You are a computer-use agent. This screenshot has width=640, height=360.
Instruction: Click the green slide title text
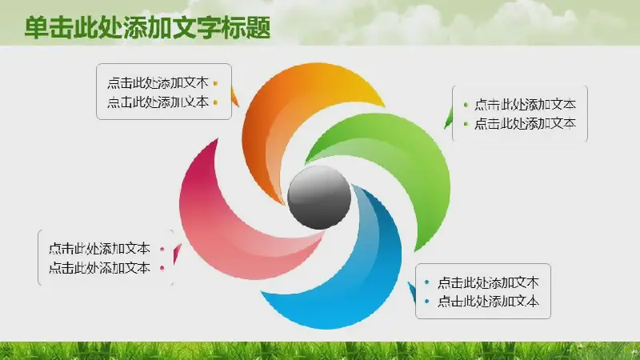tap(147, 28)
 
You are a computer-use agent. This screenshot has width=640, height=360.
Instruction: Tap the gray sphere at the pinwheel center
tap(319, 197)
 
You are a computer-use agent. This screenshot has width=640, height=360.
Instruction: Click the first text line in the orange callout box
tap(158, 83)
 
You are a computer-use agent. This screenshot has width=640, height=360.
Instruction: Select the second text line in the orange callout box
tap(158, 102)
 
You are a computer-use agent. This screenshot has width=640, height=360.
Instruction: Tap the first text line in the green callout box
tap(525, 105)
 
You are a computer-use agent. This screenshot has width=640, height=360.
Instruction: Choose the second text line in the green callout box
tap(525, 123)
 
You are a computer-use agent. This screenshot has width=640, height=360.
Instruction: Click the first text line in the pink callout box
tap(99, 249)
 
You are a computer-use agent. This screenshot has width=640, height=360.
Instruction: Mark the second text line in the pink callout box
tap(99, 268)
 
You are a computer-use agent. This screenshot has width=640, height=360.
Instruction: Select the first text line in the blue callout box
tap(488, 282)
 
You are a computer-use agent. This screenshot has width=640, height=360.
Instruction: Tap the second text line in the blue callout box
tap(488, 302)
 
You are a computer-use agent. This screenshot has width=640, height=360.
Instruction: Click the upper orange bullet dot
tap(215, 84)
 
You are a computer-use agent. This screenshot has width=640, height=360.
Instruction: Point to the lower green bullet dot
tap(466, 124)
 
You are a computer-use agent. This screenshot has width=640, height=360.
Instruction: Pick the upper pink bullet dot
tap(162, 249)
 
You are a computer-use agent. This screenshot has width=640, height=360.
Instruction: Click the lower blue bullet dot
tap(427, 302)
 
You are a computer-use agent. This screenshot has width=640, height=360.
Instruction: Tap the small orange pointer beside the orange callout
tap(234, 98)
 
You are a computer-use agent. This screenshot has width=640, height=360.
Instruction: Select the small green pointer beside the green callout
tap(449, 118)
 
